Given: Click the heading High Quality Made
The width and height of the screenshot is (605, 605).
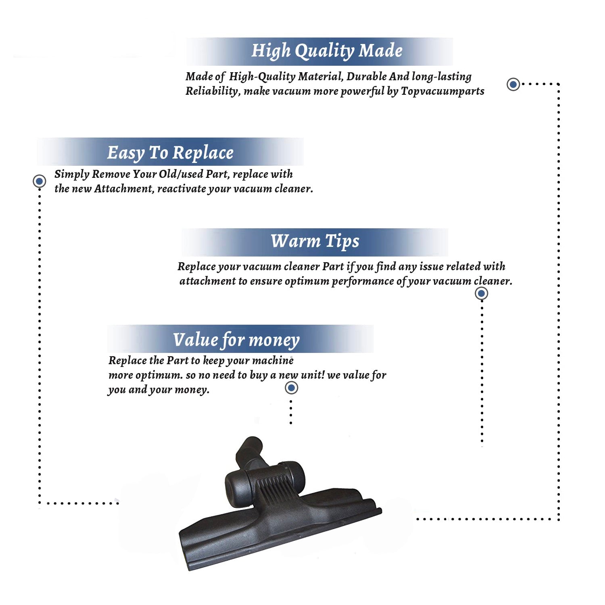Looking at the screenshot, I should (x=327, y=51).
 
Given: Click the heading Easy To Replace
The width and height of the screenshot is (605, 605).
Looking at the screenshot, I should (x=170, y=153).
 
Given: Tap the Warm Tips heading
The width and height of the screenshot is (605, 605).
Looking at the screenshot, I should (x=315, y=241).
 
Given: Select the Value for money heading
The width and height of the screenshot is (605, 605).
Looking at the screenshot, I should (x=236, y=340).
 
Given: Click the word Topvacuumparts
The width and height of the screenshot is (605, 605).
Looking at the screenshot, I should (x=442, y=91).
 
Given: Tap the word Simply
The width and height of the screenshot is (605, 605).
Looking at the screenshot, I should (x=72, y=174).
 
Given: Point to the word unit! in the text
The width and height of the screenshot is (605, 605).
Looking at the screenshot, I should (x=313, y=375).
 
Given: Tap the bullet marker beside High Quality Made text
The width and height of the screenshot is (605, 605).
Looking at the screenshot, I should (x=513, y=84).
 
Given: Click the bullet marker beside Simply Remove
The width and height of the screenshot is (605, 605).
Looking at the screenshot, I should (x=39, y=181).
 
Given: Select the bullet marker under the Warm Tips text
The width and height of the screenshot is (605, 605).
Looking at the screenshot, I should (x=481, y=293).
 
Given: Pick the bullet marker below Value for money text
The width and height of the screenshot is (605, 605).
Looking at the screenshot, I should (x=291, y=388).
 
